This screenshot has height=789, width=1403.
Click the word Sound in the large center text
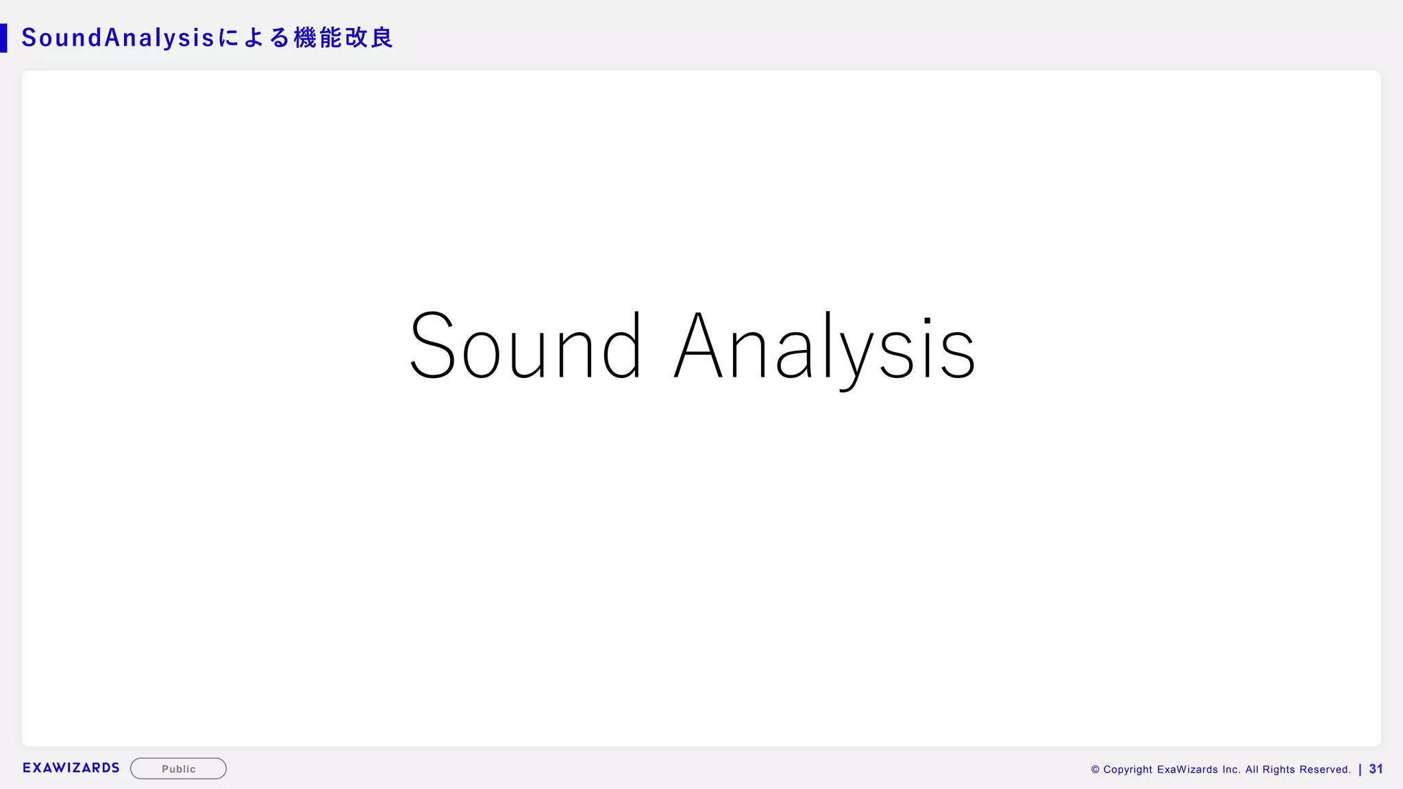click(525, 346)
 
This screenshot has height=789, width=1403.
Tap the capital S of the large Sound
click(432, 346)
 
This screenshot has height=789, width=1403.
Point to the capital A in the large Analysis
click(698, 346)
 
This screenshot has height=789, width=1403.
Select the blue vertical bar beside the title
click(3, 38)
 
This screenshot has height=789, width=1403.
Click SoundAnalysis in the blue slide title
click(119, 38)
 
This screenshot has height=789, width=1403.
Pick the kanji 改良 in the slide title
click(369, 38)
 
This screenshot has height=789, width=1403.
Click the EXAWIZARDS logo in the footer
click(71, 768)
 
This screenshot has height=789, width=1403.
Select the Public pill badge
click(178, 768)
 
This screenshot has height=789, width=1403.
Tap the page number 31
click(1376, 769)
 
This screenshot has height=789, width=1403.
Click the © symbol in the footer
click(1095, 770)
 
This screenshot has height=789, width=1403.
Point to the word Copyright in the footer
click(1128, 770)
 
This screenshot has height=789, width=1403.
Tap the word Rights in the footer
click(1278, 770)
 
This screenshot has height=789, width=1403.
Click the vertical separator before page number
click(1360, 769)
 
